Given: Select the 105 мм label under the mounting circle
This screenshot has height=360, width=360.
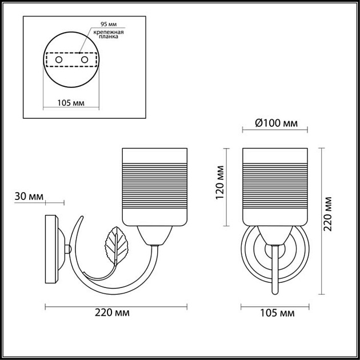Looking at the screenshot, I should click(71, 103).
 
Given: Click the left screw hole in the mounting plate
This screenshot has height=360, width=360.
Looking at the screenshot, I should click(58, 59).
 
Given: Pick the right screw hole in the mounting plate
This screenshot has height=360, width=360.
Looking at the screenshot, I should click(85, 59).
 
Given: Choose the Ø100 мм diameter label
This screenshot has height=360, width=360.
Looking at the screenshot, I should click(275, 123).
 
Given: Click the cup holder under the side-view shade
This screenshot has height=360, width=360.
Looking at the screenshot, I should click(155, 234).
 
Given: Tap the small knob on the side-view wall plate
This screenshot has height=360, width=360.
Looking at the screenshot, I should click(69, 250).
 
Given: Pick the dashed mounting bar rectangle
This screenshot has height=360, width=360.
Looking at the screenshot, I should click(71, 59).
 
